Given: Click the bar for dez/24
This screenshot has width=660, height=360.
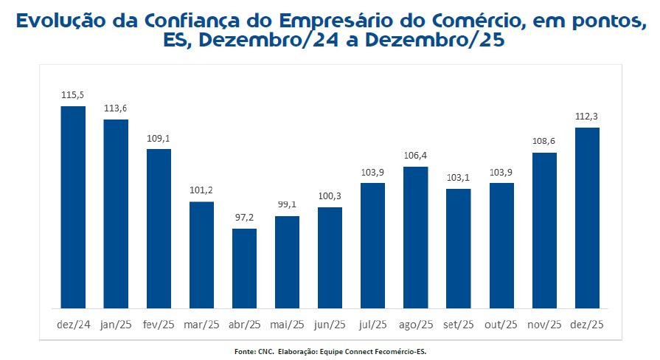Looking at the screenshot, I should pos(73,207).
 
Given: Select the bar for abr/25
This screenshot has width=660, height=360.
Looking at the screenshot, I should pos(244,269).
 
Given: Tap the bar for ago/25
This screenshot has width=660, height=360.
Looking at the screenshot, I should pos(415,238).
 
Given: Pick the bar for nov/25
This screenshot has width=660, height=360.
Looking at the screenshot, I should pos(544,230).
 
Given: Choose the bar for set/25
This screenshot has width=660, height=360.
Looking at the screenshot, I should pos(458,249).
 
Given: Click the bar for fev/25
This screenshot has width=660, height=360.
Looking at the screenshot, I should pos(159,229).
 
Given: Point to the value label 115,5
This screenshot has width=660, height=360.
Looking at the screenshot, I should pos(73,96).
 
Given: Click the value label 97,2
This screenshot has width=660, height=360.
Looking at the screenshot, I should pos(244,218).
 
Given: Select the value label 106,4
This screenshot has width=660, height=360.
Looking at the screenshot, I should pos(415,156).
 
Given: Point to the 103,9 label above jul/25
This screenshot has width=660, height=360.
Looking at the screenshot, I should pos(372,173).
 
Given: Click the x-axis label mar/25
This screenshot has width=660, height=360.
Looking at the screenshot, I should pos(201,325).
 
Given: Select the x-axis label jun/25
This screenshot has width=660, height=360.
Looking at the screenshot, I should pos(330,325).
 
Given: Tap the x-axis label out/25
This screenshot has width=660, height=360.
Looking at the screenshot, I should pos(501,325).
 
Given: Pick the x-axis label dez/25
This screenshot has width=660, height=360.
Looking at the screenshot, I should pos(587,325).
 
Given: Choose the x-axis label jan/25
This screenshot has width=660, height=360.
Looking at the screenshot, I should pos(116,325).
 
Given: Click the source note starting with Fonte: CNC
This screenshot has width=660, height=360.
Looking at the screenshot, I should pos(329,351).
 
